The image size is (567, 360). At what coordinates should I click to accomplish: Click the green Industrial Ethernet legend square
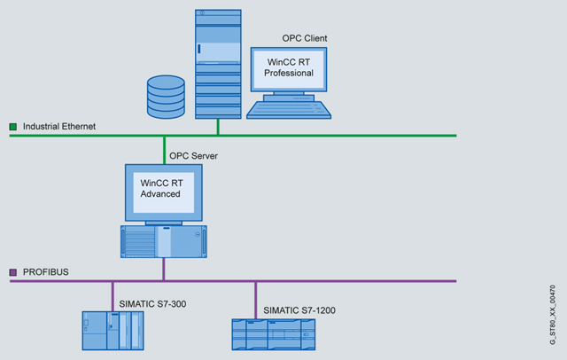[x=12, y=127]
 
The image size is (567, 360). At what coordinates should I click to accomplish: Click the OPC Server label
[x=193, y=156]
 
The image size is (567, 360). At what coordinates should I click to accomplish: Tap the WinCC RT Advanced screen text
[x=162, y=188]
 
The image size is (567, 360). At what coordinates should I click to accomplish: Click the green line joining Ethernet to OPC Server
[x=164, y=150]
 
